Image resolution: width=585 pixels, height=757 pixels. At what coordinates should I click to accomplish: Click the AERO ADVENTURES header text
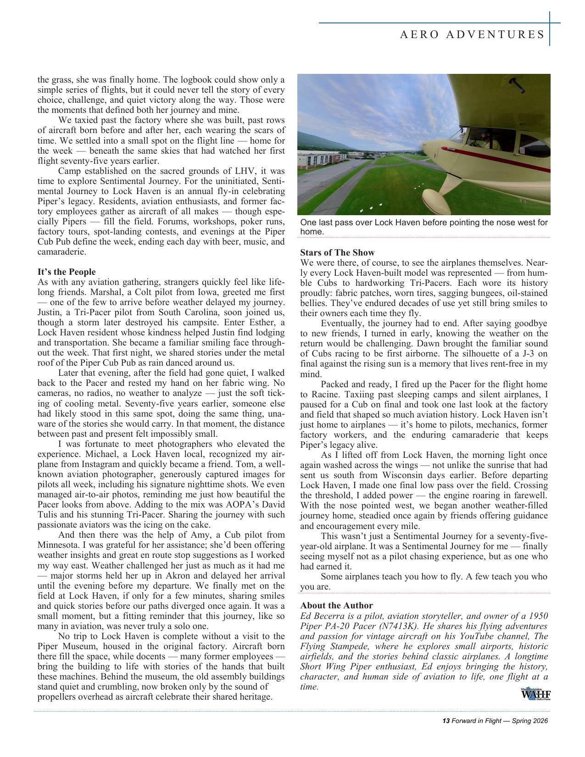point(472,35)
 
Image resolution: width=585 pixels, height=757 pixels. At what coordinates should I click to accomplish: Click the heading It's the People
point(67,272)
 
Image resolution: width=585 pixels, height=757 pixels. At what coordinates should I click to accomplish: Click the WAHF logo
point(535,694)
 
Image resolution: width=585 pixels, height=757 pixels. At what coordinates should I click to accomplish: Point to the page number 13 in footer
point(445,721)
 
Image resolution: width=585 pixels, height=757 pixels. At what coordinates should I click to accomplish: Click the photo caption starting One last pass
point(423,227)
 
